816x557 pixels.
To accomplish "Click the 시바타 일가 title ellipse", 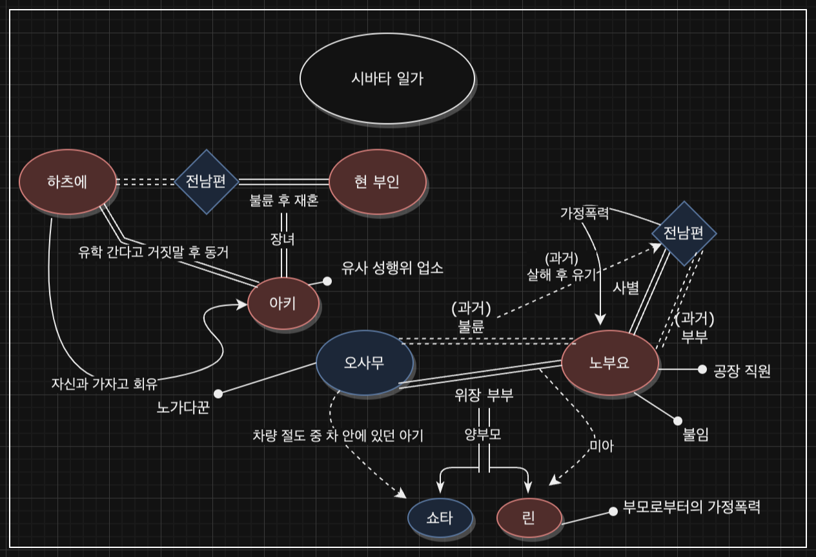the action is point(387,78).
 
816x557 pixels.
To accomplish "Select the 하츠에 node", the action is point(68,182).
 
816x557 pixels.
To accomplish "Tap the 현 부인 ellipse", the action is point(378,182).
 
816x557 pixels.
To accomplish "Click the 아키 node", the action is point(283,303).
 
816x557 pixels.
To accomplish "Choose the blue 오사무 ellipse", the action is point(365,363).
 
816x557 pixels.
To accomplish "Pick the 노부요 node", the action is point(609,363).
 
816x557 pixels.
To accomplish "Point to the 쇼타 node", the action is point(440,518).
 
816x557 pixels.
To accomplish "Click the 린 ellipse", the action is point(529,518).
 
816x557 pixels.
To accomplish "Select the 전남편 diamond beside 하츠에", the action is point(207,182).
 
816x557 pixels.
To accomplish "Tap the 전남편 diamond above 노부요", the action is point(684,233).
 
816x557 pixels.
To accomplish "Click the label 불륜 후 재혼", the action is point(284,201).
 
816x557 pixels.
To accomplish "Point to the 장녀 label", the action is point(283,239).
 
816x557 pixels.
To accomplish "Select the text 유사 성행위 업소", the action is point(393,269).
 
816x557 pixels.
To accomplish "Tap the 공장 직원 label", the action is point(742,371).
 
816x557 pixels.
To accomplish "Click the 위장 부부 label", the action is point(484,395).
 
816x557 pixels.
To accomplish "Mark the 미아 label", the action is point(602,446).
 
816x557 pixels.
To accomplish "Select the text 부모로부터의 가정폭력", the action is point(691,507).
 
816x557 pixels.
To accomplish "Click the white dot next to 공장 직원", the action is point(702,369).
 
